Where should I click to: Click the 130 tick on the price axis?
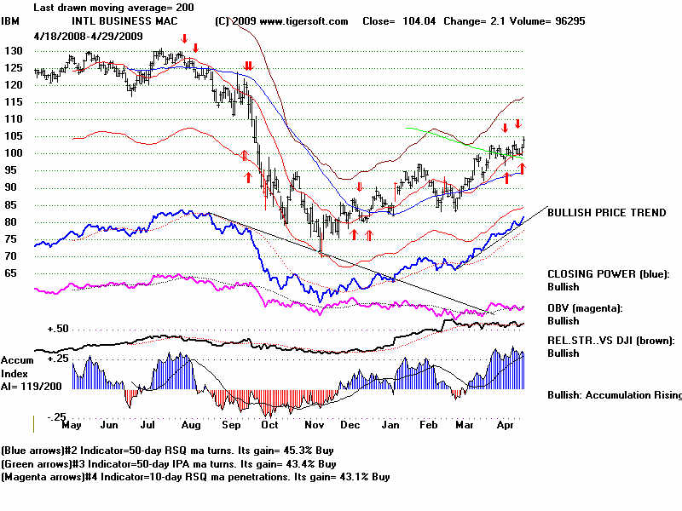[13, 50]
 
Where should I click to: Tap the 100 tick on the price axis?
[13, 153]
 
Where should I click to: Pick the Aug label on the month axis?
[191, 423]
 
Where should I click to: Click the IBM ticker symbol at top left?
[12, 20]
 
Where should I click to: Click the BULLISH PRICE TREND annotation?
[605, 212]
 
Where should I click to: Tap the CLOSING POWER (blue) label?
[609, 273]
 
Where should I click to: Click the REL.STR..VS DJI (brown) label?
[610, 341]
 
